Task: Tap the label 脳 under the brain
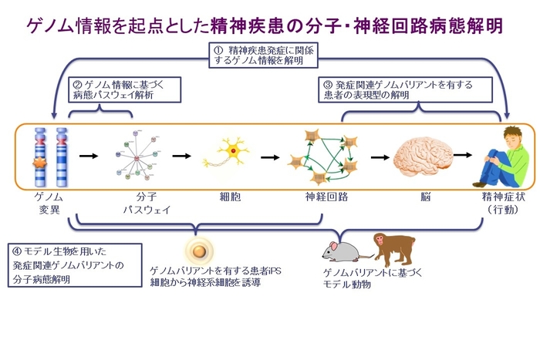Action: [424, 197]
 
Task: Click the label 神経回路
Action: [326, 197]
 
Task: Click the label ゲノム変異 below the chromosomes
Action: [43, 203]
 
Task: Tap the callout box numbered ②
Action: [123, 91]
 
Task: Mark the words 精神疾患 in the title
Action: [258, 25]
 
